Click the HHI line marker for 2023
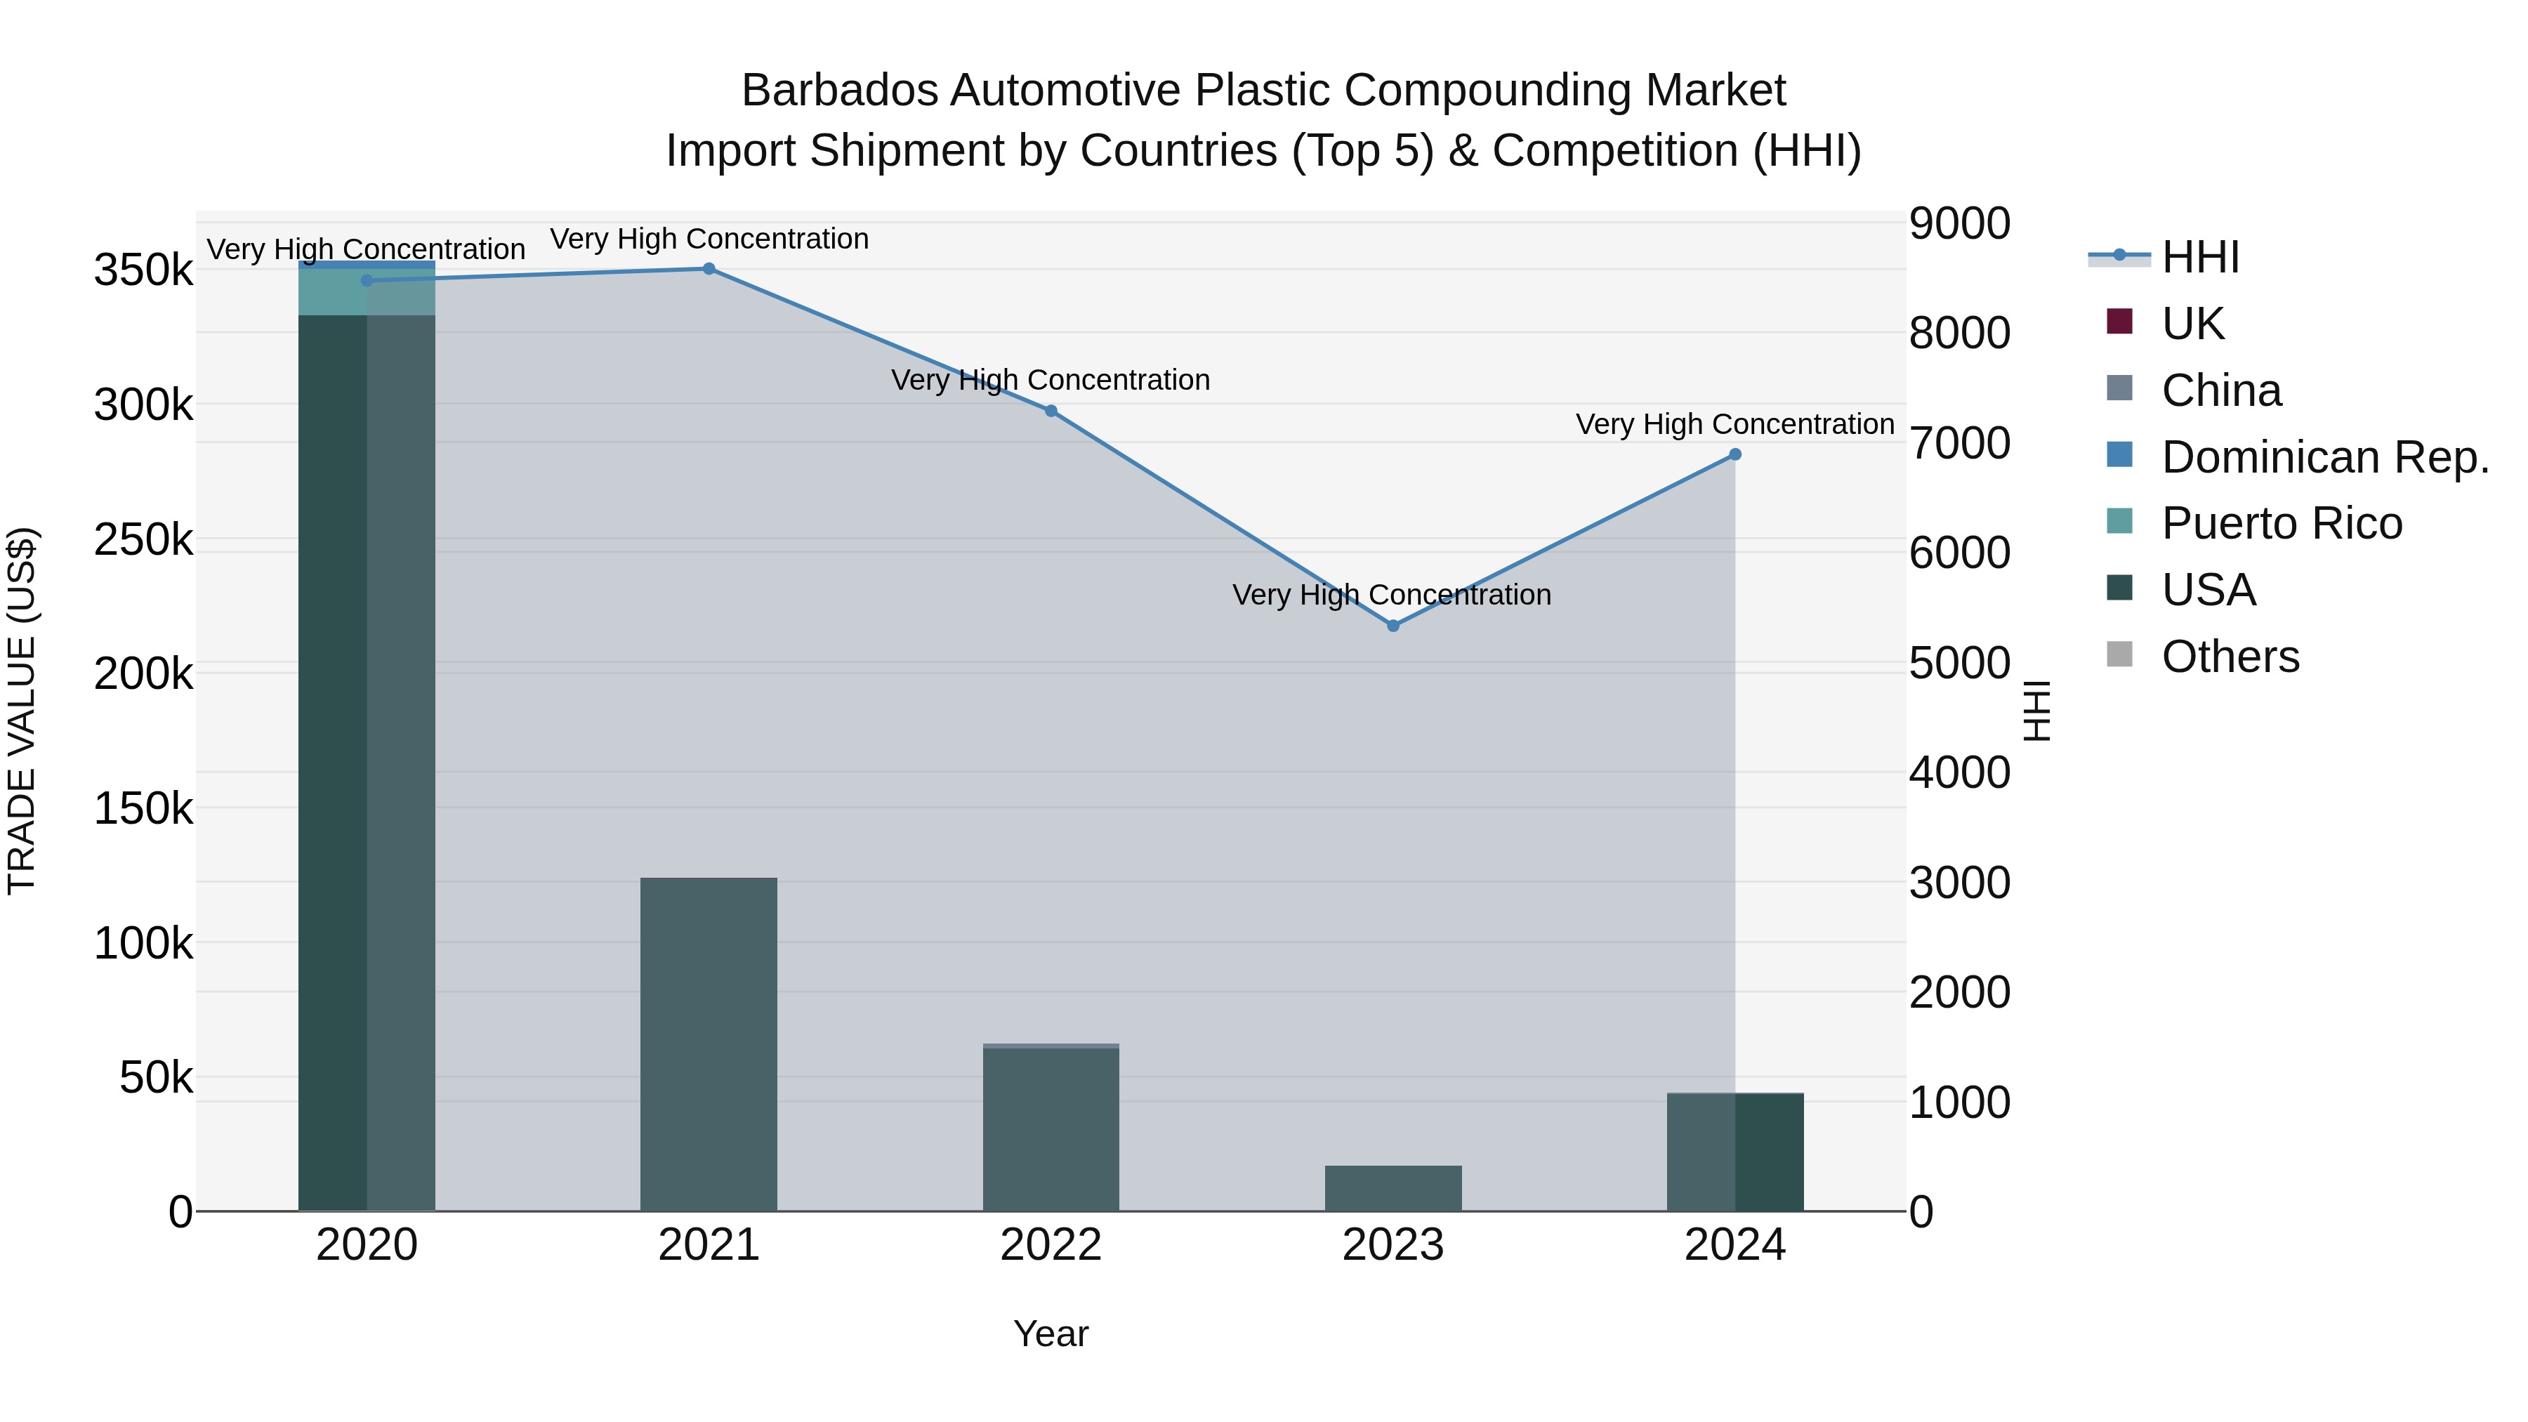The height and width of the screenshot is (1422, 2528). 1393,625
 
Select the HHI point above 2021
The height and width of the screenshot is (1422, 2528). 709,269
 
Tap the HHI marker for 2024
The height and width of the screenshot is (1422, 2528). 1735,454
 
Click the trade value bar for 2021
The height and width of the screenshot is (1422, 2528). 709,1044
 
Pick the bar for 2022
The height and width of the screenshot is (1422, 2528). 1051,1128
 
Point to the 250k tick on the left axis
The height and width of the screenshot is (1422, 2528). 143,540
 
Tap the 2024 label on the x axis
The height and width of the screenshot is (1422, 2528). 1735,1245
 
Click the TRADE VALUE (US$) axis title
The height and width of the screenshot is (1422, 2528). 22,711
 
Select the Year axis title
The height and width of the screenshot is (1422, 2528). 1050,1334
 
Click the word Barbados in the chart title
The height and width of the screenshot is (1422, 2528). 839,91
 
